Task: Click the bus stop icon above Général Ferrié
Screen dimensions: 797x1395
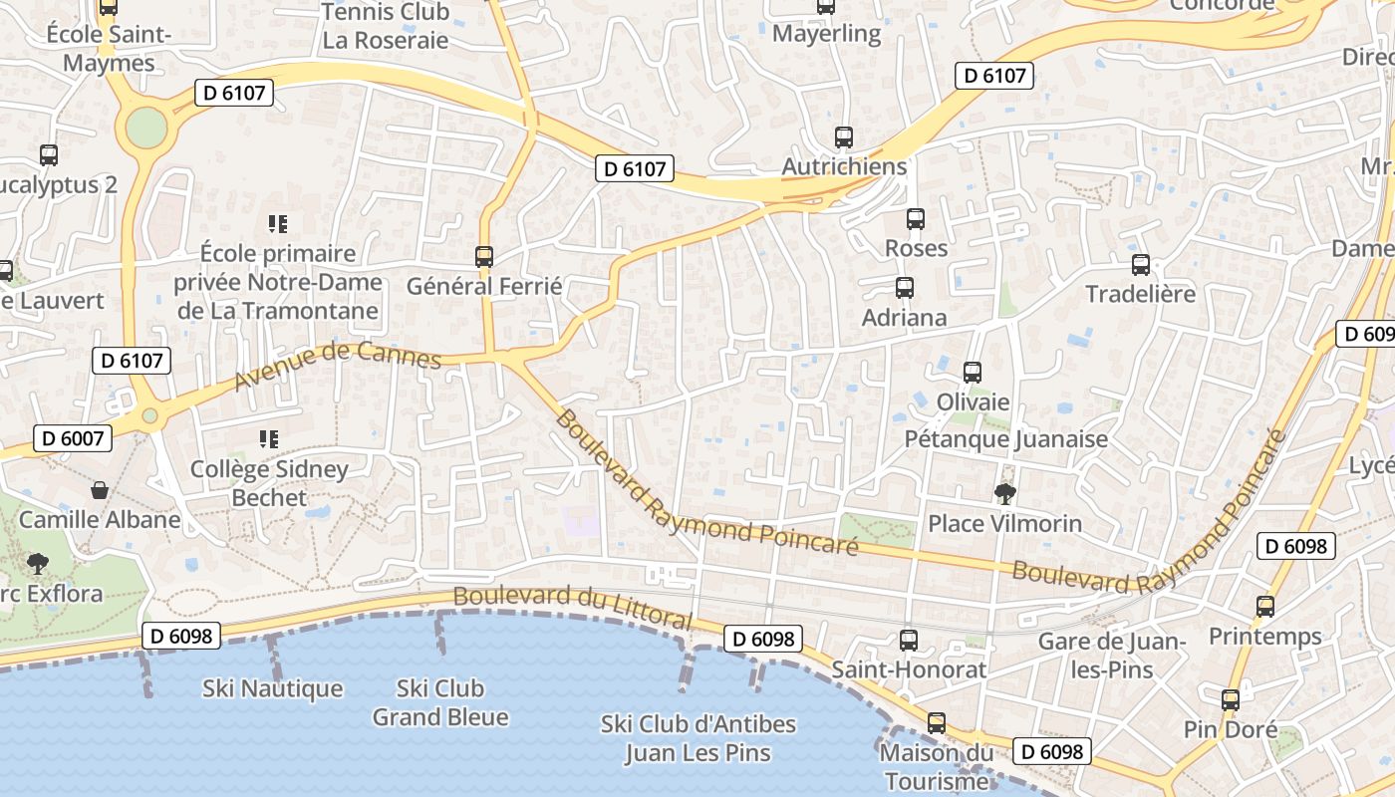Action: (x=484, y=257)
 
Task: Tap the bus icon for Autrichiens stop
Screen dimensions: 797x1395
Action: (x=844, y=137)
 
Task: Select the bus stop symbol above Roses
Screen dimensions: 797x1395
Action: (x=916, y=219)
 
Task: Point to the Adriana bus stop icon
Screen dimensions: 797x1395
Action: (x=905, y=288)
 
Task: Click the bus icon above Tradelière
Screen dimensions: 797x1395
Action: (x=1141, y=265)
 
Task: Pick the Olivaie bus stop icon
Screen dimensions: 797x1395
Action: (x=973, y=373)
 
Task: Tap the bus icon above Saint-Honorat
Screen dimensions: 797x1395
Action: (x=908, y=640)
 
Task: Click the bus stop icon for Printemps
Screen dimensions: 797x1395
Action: (x=1265, y=606)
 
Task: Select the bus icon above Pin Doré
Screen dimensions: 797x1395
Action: (x=1231, y=700)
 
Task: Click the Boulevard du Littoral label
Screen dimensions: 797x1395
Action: (x=572, y=607)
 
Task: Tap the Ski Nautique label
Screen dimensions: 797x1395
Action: (x=273, y=688)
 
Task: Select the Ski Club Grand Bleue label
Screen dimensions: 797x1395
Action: (x=440, y=702)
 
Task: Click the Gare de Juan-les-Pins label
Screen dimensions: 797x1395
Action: (x=1112, y=656)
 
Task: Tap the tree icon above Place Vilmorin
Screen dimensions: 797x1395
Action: (x=1004, y=493)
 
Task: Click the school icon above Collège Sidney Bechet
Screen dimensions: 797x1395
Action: (x=268, y=438)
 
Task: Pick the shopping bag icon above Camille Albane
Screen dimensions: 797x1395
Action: (x=100, y=490)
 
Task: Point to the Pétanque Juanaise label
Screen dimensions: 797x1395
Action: (x=1006, y=439)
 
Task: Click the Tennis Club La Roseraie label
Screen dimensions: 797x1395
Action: (x=385, y=27)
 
